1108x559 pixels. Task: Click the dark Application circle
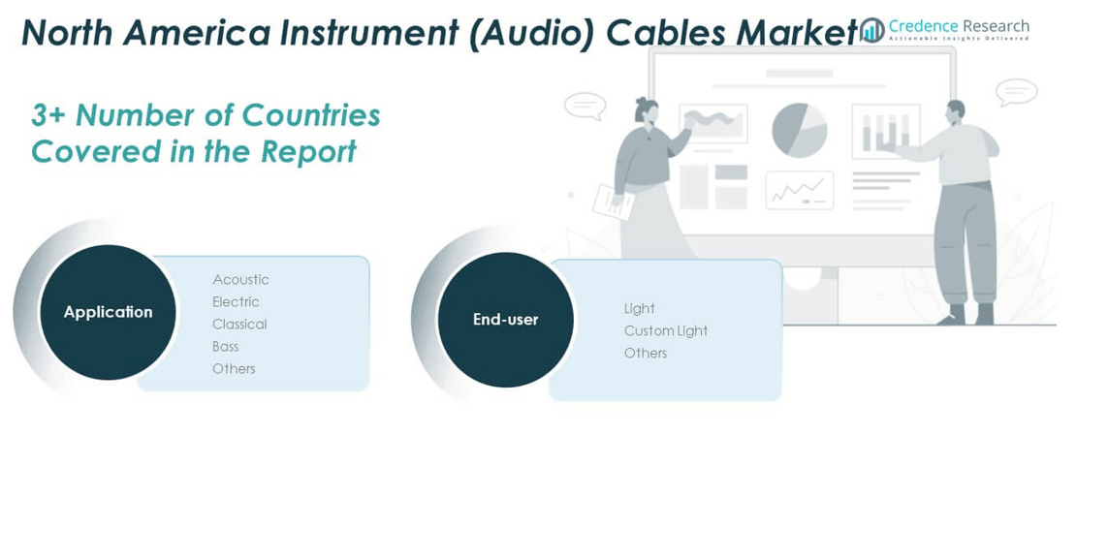(108, 312)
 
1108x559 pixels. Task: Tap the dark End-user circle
(505, 320)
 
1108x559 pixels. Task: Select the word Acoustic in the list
(240, 280)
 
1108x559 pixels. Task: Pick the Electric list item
(236, 302)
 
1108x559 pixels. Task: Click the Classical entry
(239, 325)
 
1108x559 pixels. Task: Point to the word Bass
(225, 347)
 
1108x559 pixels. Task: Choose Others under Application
(234, 369)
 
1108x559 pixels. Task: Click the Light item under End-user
(639, 309)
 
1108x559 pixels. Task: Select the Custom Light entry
(665, 331)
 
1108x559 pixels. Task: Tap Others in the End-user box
(645, 354)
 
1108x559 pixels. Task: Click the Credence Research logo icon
(872, 30)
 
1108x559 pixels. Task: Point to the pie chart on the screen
(799, 130)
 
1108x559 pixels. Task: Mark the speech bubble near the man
(1016, 93)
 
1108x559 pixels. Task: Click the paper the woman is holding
(614, 201)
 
